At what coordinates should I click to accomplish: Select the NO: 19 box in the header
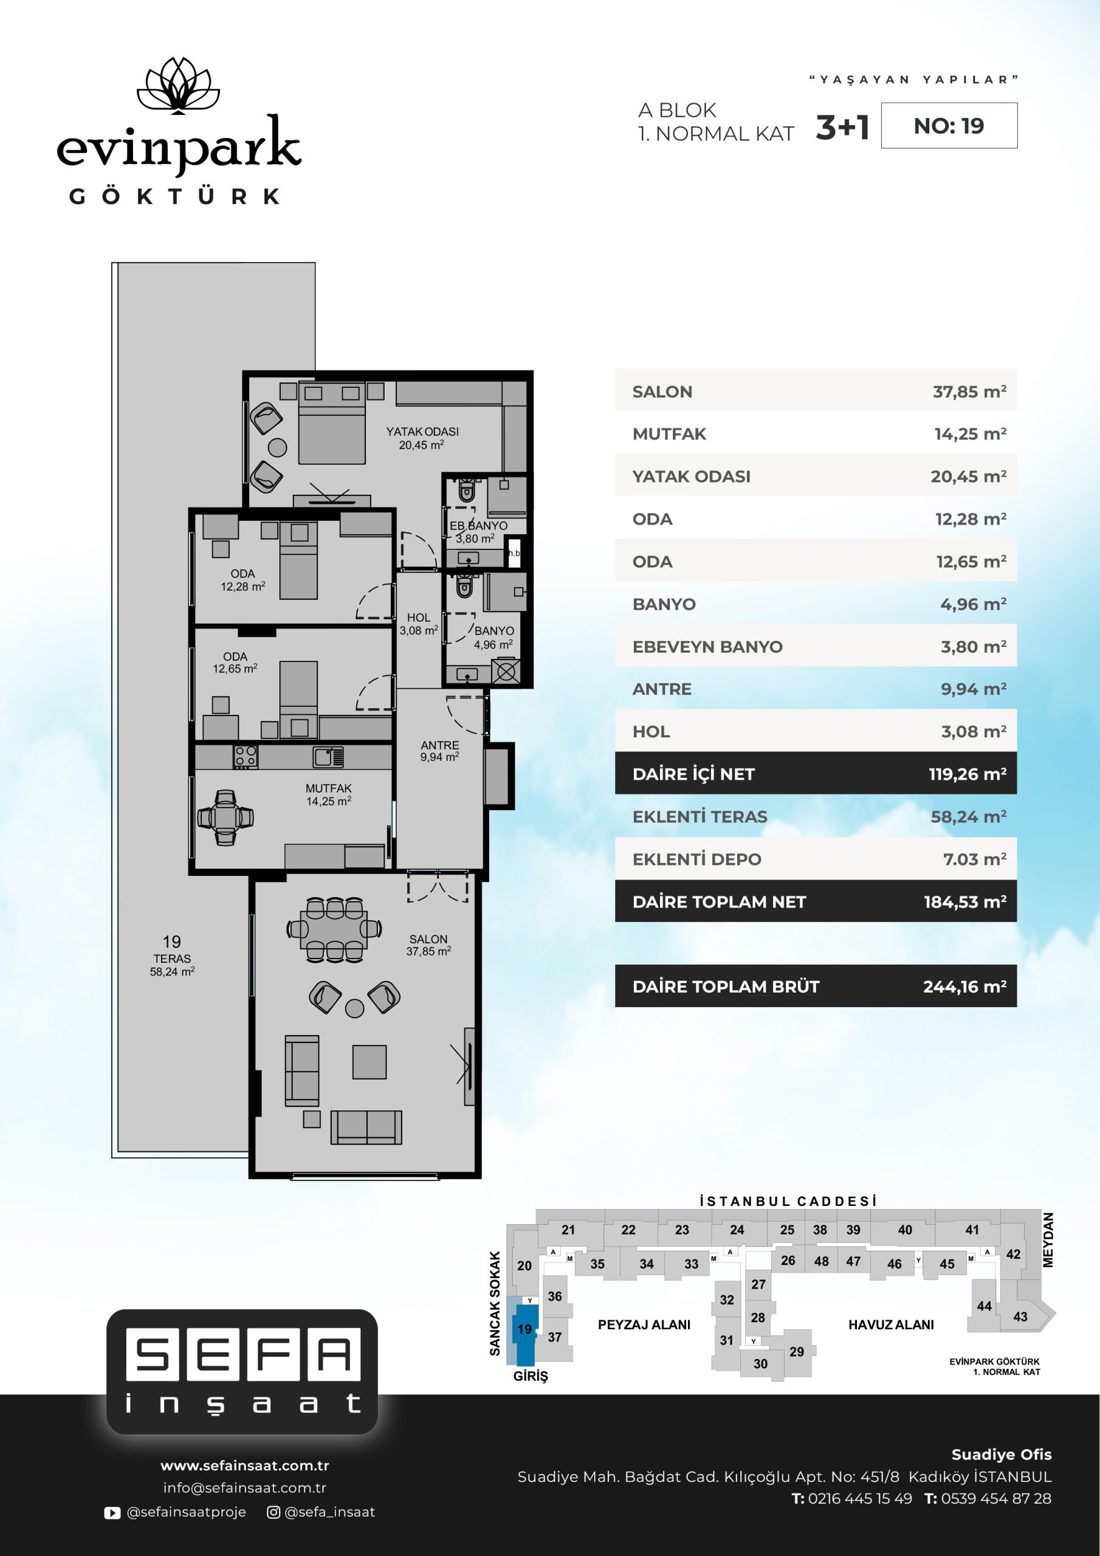[x=949, y=125]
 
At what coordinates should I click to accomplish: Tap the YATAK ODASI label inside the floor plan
[x=422, y=432]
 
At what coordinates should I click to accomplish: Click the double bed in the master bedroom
[x=332, y=424]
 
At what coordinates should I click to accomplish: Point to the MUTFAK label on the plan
[x=328, y=788]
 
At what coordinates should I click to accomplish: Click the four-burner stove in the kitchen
[x=246, y=756]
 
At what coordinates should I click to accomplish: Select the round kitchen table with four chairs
[x=225, y=818]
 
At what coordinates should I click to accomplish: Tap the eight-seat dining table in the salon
[x=334, y=929]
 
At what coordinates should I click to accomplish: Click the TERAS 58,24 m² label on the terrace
[x=172, y=965]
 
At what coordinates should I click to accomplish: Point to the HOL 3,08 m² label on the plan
[x=418, y=624]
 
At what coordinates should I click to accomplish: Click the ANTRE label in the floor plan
[x=440, y=745]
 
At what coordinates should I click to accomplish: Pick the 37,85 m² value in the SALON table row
[x=969, y=391]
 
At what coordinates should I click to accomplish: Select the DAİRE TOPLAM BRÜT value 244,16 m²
[x=964, y=986]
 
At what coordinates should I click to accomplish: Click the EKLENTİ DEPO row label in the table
[x=696, y=859]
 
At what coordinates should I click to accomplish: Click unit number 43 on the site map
[x=1020, y=1317]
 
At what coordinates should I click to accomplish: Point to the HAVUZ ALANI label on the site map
[x=890, y=1325]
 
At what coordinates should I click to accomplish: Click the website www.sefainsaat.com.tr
[x=245, y=1465]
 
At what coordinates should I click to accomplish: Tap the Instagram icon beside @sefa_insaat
[x=273, y=1512]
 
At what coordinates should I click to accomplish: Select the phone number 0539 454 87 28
[x=995, y=1498]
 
